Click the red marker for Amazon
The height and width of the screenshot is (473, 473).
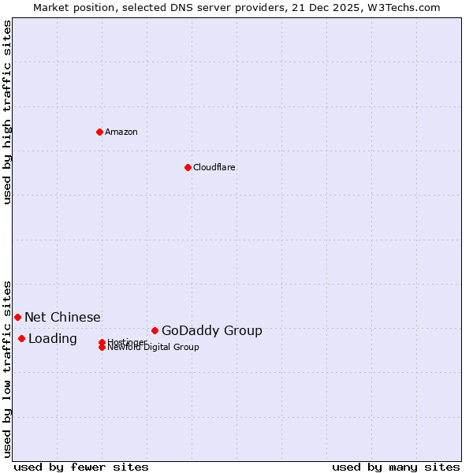click(100, 132)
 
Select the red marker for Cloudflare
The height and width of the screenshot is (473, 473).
click(188, 167)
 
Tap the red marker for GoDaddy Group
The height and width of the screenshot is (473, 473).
click(155, 330)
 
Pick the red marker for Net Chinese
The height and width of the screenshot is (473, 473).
click(17, 317)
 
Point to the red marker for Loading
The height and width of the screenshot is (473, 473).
click(21, 338)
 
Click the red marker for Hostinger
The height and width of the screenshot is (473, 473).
click(102, 342)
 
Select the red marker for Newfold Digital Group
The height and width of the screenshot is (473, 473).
click(102, 347)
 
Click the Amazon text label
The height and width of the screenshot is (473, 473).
click(121, 132)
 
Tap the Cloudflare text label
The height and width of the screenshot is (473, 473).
click(214, 167)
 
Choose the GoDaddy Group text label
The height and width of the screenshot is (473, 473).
click(212, 330)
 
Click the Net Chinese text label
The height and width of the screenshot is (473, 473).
click(62, 317)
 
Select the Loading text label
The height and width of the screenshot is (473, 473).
click(53, 338)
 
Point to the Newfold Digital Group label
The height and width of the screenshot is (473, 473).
click(154, 348)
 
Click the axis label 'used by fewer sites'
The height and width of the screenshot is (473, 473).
click(81, 467)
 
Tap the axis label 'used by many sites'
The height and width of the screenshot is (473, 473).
click(396, 467)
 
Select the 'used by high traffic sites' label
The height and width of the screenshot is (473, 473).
click(8, 112)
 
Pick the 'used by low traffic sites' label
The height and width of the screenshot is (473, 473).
click(8, 368)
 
